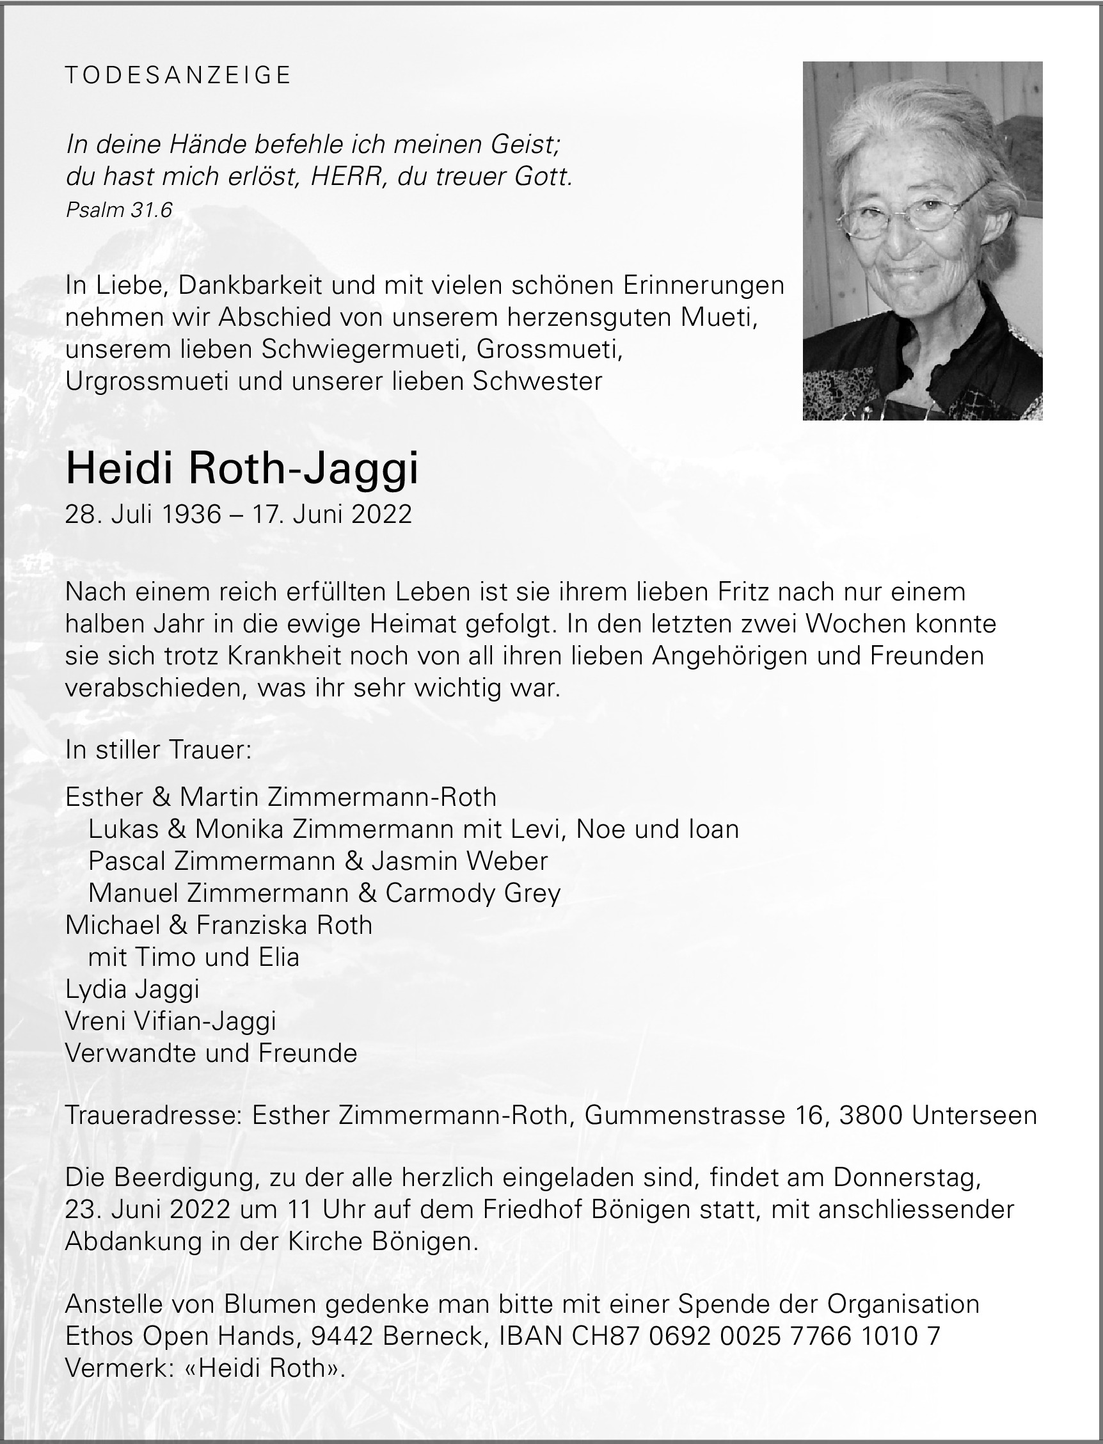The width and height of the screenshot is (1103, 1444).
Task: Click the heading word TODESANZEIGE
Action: click(x=178, y=76)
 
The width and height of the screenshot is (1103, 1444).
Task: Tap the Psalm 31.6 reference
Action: click(x=119, y=210)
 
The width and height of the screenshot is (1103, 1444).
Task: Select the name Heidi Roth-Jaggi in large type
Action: click(x=242, y=470)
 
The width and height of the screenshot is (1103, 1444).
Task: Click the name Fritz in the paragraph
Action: click(x=736, y=591)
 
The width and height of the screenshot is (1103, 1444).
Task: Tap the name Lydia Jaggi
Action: click(x=132, y=989)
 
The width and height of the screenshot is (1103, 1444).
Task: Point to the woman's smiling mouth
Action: click(x=912, y=271)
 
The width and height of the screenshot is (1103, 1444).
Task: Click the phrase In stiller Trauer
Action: click(x=158, y=750)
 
